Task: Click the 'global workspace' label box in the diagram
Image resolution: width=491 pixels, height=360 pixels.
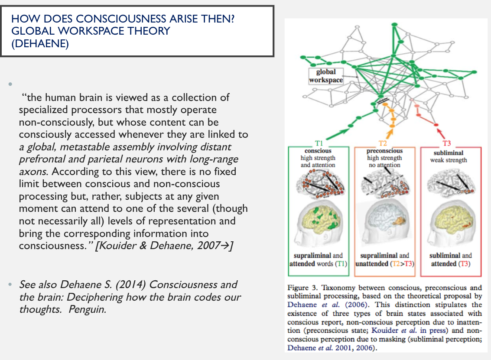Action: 326,76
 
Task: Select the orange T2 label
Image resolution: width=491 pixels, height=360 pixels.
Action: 383,142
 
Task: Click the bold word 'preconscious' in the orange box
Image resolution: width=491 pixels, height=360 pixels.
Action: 384,151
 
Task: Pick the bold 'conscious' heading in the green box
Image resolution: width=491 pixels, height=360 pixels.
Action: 318,151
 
